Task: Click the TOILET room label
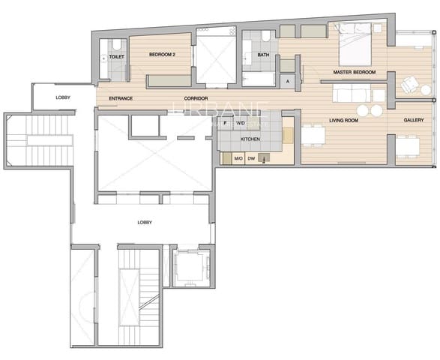click(116, 56)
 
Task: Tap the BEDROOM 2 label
click(161, 55)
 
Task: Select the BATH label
click(263, 55)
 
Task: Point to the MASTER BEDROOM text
click(355, 73)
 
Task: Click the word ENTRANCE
click(121, 98)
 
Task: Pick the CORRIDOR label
click(195, 98)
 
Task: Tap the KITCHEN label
click(250, 139)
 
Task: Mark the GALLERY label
click(414, 120)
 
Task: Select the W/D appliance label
click(241, 121)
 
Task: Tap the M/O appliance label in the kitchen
click(238, 158)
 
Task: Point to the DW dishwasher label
click(252, 158)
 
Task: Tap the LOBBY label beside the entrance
click(64, 98)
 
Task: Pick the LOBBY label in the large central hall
click(145, 222)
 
